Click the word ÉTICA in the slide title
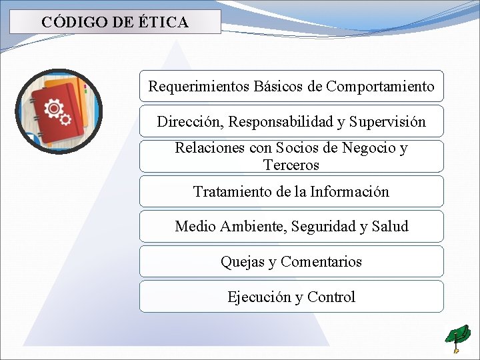point(163,22)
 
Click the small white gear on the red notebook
point(65,119)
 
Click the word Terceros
point(291,165)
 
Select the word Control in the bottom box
point(331,297)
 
